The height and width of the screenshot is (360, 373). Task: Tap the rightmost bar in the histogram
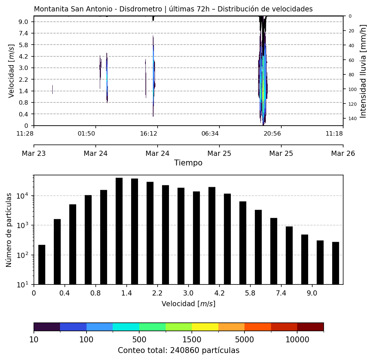click(x=335, y=263)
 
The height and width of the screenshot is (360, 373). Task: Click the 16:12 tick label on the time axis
click(x=149, y=133)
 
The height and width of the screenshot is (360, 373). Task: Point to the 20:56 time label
click(x=272, y=133)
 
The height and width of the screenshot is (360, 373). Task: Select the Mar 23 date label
click(x=34, y=153)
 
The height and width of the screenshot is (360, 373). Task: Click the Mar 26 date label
click(x=343, y=153)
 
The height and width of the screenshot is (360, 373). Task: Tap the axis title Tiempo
click(x=188, y=163)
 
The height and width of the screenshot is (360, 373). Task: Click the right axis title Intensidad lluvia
click(x=363, y=71)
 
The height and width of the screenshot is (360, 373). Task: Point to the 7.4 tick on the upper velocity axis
click(x=24, y=33)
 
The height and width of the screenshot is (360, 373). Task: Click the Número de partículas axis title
click(x=9, y=230)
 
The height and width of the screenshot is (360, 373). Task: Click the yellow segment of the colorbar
click(x=205, y=327)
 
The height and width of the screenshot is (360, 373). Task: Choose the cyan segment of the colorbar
click(x=126, y=327)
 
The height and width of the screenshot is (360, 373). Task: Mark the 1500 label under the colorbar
click(x=192, y=339)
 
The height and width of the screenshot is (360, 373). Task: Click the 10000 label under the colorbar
click(x=297, y=339)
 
